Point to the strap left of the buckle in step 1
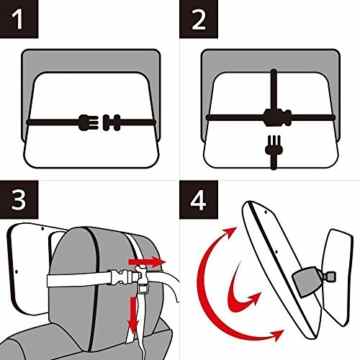50,122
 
